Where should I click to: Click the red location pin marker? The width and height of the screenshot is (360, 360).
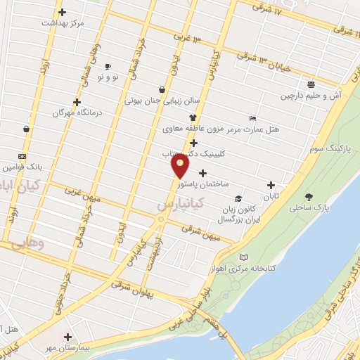(181, 166)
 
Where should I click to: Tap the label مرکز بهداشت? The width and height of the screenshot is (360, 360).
(63, 23)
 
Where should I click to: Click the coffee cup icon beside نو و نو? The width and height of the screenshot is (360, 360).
(108, 66)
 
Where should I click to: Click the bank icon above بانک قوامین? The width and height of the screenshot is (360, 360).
(22, 157)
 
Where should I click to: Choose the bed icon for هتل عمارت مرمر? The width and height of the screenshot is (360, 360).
(252, 118)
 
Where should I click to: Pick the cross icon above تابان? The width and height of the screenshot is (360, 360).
(271, 186)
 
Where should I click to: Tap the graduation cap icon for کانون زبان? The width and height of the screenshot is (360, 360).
(238, 199)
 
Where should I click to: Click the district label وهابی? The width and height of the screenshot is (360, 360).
(29, 243)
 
